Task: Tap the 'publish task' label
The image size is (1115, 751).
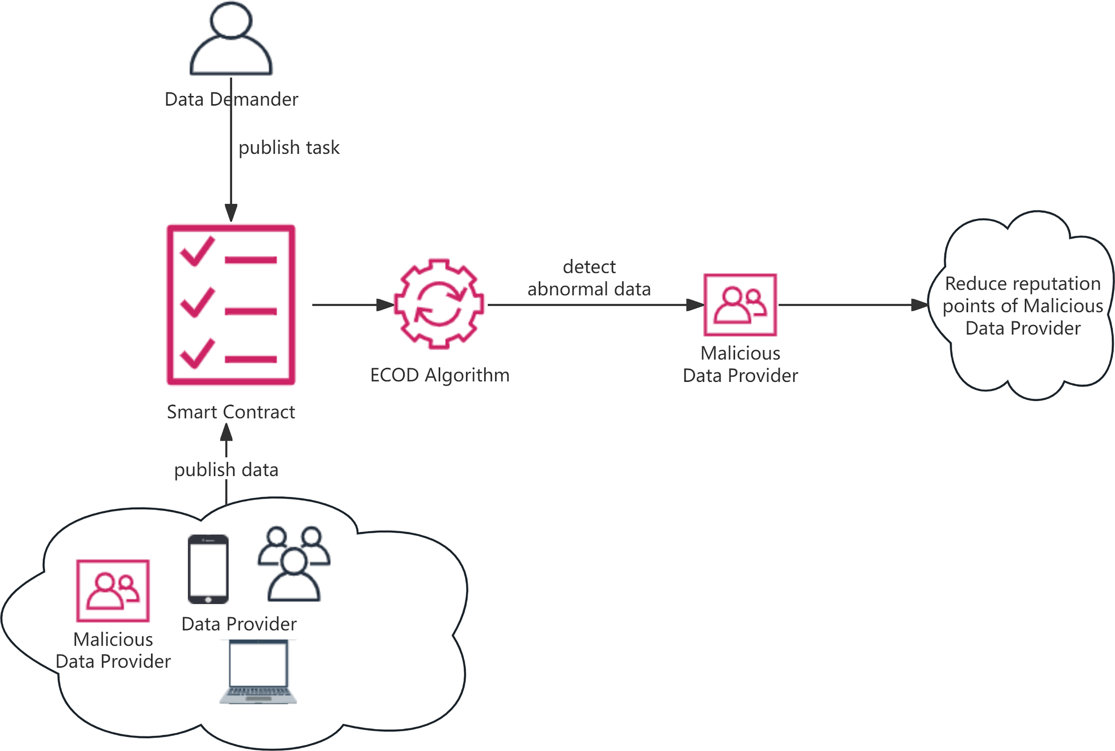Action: (289, 148)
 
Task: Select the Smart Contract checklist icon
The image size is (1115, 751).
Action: (231, 305)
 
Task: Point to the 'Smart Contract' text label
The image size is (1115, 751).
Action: (231, 412)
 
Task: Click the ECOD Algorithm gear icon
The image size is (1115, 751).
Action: (439, 304)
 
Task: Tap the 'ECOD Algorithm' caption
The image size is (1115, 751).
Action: (440, 375)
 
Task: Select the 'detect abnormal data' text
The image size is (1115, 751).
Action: (589, 278)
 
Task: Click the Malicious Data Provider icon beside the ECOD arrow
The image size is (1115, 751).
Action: (740, 305)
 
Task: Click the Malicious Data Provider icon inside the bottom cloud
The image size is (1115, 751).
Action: (113, 590)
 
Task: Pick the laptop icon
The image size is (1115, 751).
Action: (258, 672)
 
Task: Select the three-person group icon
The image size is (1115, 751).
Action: (294, 564)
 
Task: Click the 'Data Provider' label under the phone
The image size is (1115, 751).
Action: (239, 624)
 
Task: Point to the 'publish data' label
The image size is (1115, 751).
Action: (226, 470)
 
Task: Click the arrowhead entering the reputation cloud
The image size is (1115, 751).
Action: (919, 305)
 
